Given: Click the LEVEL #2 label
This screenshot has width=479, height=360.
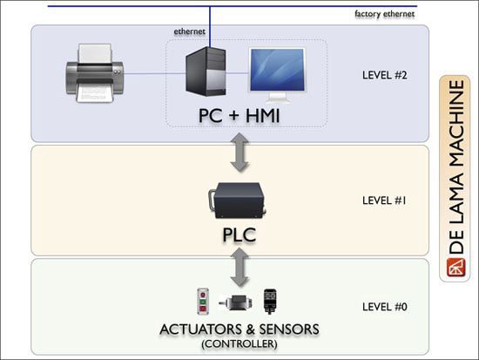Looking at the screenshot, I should (x=383, y=76).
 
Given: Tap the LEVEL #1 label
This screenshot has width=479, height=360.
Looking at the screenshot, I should (x=383, y=200).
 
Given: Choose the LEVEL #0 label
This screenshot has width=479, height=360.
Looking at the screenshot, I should (x=383, y=307).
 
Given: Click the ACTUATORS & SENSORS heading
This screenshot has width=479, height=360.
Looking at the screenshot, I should (x=239, y=329).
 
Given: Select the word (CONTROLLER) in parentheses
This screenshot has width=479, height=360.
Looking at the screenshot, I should (x=239, y=343).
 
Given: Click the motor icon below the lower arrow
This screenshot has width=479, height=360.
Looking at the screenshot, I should (x=235, y=303).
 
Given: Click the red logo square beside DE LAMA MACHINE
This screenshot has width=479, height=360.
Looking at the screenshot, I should (x=454, y=269).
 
